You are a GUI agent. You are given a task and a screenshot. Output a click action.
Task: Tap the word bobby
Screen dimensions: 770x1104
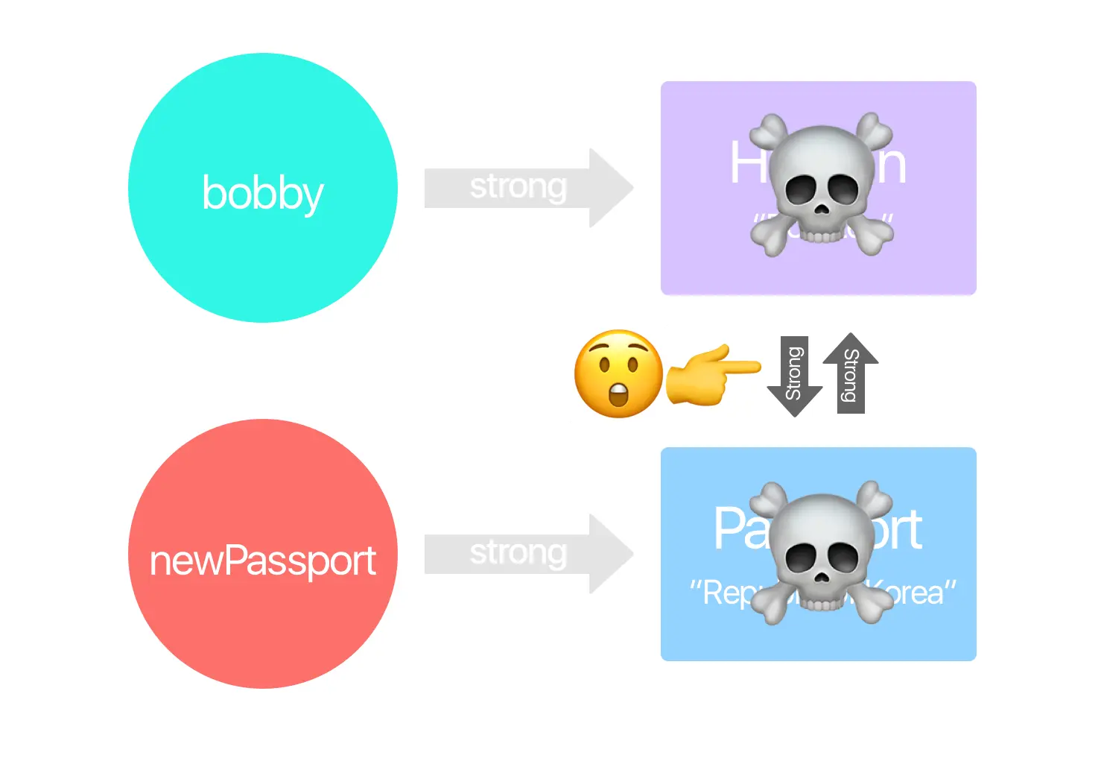click(262, 193)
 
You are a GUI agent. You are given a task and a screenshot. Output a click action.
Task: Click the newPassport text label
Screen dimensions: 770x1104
click(262, 561)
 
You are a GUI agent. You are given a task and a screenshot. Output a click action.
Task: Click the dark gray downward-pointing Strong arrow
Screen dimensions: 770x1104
click(794, 376)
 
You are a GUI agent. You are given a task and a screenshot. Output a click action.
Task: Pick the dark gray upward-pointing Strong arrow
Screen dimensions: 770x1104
click(850, 373)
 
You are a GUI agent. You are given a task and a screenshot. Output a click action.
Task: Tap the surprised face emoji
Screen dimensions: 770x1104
click(618, 373)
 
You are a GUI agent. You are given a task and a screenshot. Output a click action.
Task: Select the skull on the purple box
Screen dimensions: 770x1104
click(820, 184)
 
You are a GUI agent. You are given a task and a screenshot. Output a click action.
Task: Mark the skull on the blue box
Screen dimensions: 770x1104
click(820, 552)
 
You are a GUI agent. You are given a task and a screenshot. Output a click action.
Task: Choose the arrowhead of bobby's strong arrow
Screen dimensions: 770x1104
click(611, 187)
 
